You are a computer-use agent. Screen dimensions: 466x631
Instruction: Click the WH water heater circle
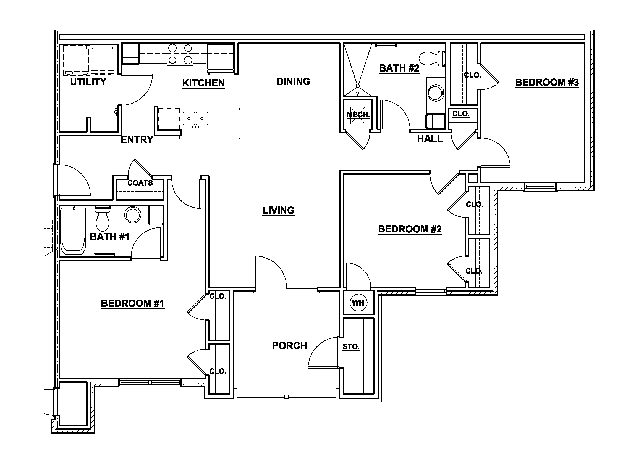[x=358, y=303]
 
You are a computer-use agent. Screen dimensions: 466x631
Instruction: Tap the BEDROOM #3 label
[x=547, y=82]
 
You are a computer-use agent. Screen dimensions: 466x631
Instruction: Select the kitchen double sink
[x=195, y=118]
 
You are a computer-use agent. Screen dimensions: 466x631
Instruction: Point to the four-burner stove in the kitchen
[x=180, y=54]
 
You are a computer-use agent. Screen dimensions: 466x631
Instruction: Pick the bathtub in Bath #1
[x=73, y=231]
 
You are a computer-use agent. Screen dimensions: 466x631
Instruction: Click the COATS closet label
[x=140, y=183]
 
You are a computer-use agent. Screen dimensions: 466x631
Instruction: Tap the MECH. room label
[x=358, y=115]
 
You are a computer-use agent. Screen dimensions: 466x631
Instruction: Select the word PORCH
[x=289, y=346]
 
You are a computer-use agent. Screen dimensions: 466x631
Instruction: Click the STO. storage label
[x=351, y=347]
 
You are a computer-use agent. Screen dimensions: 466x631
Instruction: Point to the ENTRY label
[x=137, y=140]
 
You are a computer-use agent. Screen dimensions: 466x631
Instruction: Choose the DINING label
[x=293, y=82]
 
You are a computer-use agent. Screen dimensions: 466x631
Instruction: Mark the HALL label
[x=430, y=139]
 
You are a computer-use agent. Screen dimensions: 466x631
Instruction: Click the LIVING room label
[x=278, y=210]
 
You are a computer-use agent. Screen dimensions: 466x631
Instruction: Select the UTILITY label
[x=88, y=82]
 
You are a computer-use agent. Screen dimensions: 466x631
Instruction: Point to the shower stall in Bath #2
[x=358, y=69]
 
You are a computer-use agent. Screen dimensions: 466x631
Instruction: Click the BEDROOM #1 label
[x=132, y=303]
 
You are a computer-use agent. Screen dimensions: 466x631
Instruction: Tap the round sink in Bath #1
[x=133, y=215]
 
